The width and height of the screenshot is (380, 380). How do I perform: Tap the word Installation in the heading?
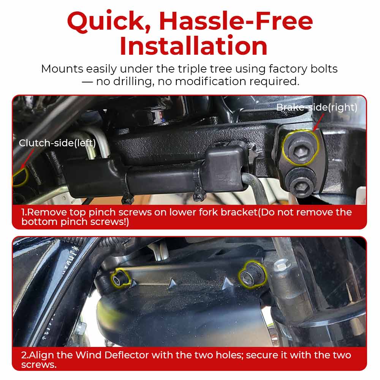(x=194, y=46)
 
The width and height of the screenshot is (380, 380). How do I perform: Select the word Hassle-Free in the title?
(x=236, y=21)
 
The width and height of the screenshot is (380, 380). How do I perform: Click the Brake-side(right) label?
(x=317, y=107)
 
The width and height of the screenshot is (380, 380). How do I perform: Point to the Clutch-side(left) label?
(x=57, y=143)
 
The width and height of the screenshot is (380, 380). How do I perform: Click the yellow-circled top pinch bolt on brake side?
(x=301, y=148)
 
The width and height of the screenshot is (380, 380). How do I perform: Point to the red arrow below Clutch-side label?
(x=27, y=159)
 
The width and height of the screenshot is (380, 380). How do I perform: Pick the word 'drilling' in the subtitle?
(x=133, y=81)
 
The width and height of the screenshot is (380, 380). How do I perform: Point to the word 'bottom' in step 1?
(x=39, y=222)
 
